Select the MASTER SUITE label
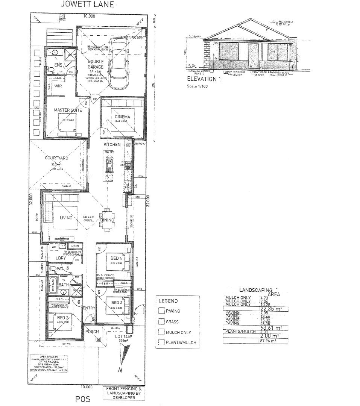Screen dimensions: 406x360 coord(68,110)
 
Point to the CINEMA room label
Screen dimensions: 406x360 coord(122,117)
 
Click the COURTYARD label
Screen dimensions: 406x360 coord(57,158)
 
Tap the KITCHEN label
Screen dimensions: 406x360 coord(112,144)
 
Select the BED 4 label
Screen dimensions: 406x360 coord(115,258)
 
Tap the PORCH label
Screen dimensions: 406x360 coord(92,332)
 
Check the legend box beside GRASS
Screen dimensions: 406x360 coord(161,322)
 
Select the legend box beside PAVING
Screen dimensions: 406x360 coord(161,311)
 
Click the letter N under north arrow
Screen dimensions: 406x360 coord(120,370)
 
